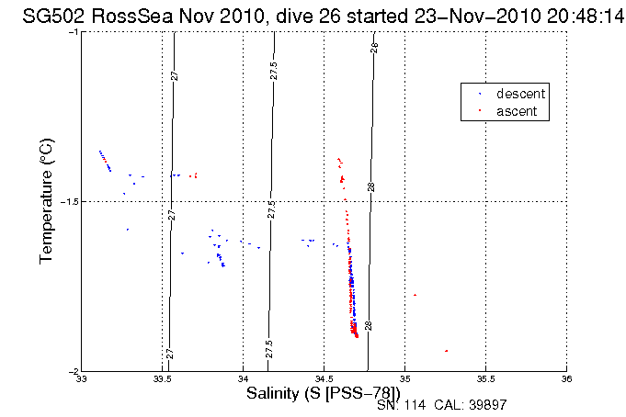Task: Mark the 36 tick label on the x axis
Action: pos(566,379)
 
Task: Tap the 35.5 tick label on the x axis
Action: pos(485,379)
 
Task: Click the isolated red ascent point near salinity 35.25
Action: pos(446,351)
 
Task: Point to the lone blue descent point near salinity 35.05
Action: pos(415,295)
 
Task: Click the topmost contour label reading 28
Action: pos(375,48)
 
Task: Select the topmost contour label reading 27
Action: pos(174,75)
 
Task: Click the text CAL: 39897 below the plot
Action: pos(468,405)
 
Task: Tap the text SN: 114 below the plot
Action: pos(401,405)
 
